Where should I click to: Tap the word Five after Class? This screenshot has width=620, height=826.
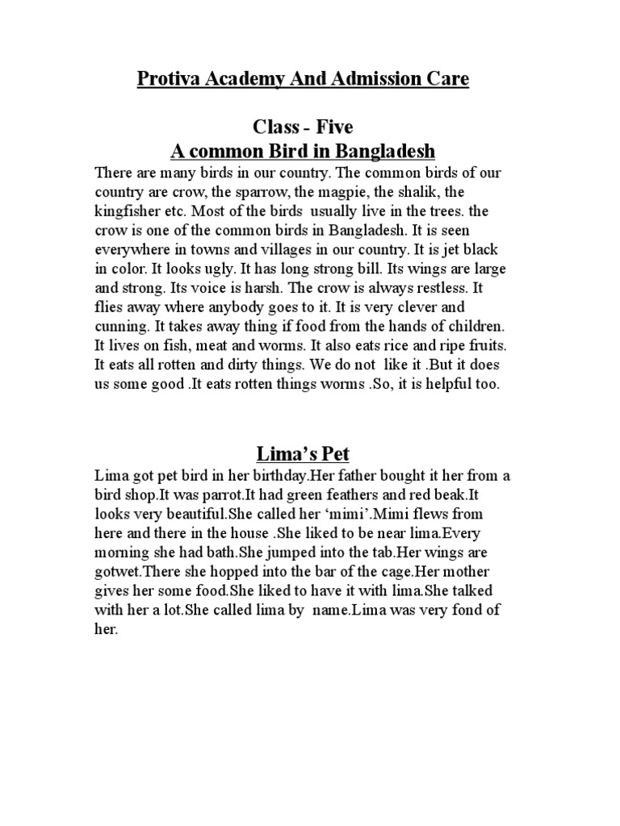coord(332,127)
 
